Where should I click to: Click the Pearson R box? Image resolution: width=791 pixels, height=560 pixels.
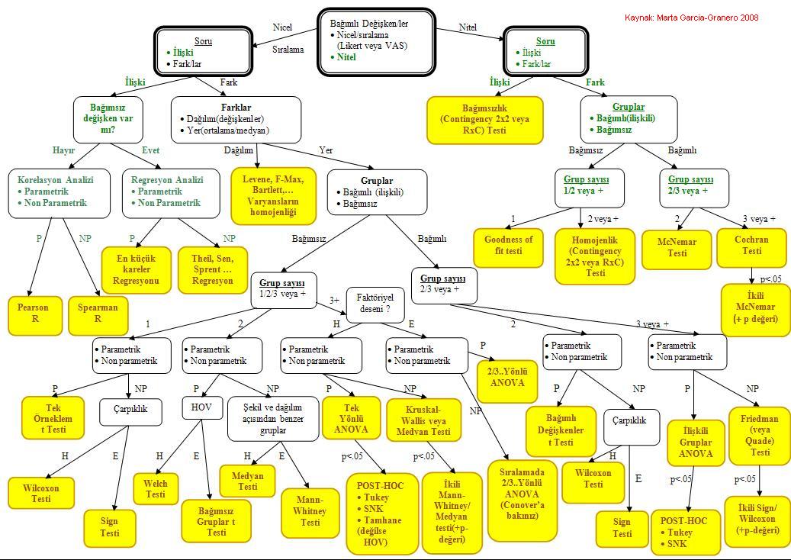[x=34, y=314]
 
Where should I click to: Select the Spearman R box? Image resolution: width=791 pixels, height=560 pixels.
[x=98, y=314]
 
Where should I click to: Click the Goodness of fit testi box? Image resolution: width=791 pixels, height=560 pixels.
[x=509, y=246]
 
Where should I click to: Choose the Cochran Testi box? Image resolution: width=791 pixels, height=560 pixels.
[x=751, y=246]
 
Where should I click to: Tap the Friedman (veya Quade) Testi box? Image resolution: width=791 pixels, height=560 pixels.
[x=760, y=436]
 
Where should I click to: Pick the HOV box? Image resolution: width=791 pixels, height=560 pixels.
[x=201, y=408]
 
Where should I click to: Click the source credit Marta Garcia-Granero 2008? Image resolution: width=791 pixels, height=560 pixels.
[x=691, y=18]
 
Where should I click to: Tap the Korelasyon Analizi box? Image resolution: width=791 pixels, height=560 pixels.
[x=56, y=191]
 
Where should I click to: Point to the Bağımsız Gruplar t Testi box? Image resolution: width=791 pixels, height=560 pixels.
[x=217, y=520]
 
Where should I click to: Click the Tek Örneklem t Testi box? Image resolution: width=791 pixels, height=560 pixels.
[x=53, y=419]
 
